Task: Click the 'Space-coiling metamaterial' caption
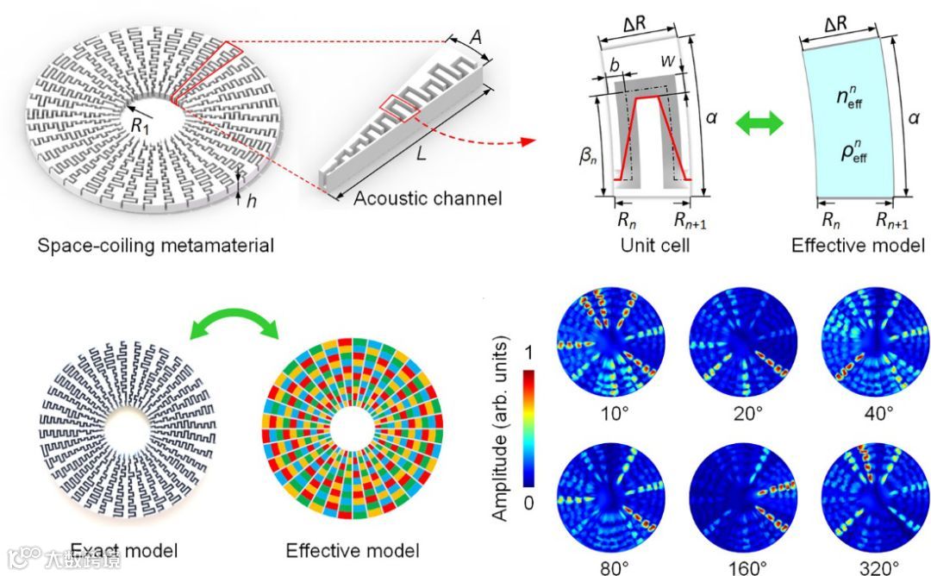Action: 156,245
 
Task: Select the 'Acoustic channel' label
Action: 428,199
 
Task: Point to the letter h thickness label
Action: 253,197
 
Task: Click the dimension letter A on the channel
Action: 476,37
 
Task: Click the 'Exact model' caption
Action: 124,550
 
